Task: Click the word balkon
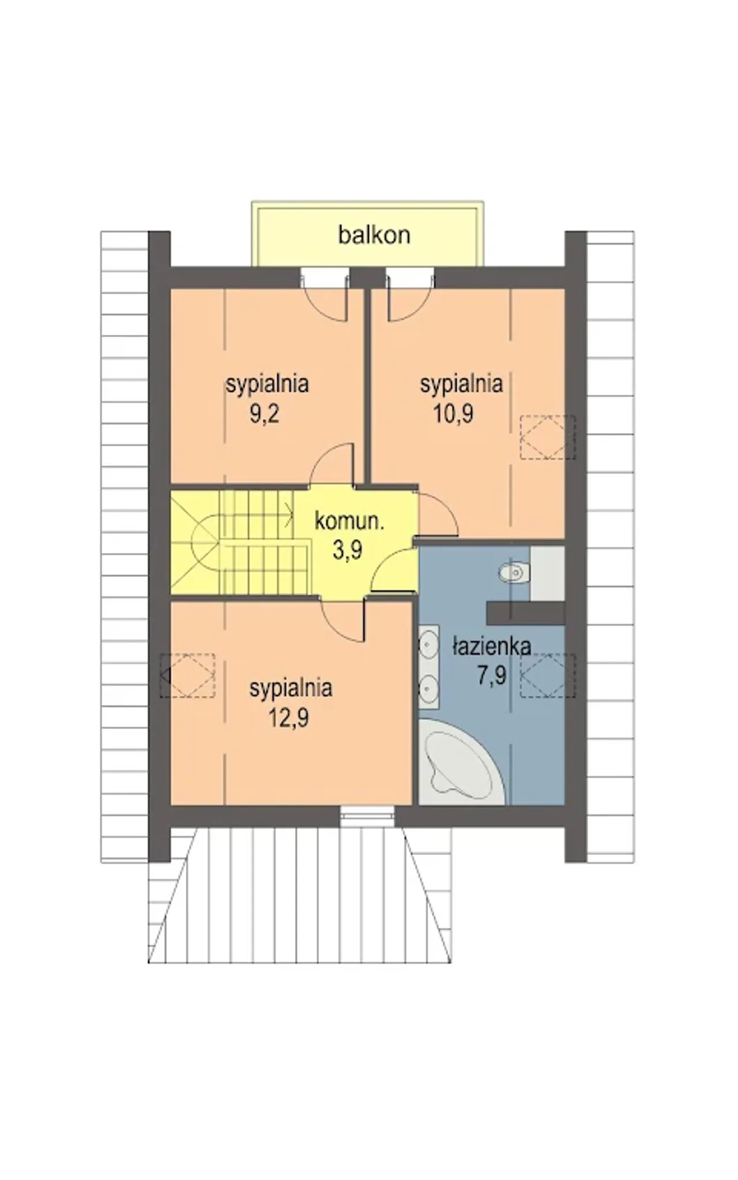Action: coord(374,235)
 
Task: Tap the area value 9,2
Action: coord(265,414)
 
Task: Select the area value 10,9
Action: coord(453,414)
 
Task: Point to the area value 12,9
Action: coord(289,718)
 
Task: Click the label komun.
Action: coord(349,521)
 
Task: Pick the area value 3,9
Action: coord(348,550)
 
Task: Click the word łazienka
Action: coord(491,646)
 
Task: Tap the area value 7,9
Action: coord(491,675)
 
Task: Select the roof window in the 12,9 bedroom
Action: coord(187,675)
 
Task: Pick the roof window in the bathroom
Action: coord(548,675)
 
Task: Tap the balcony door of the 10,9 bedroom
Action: coord(409,295)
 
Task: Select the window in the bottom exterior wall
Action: coord(367,816)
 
